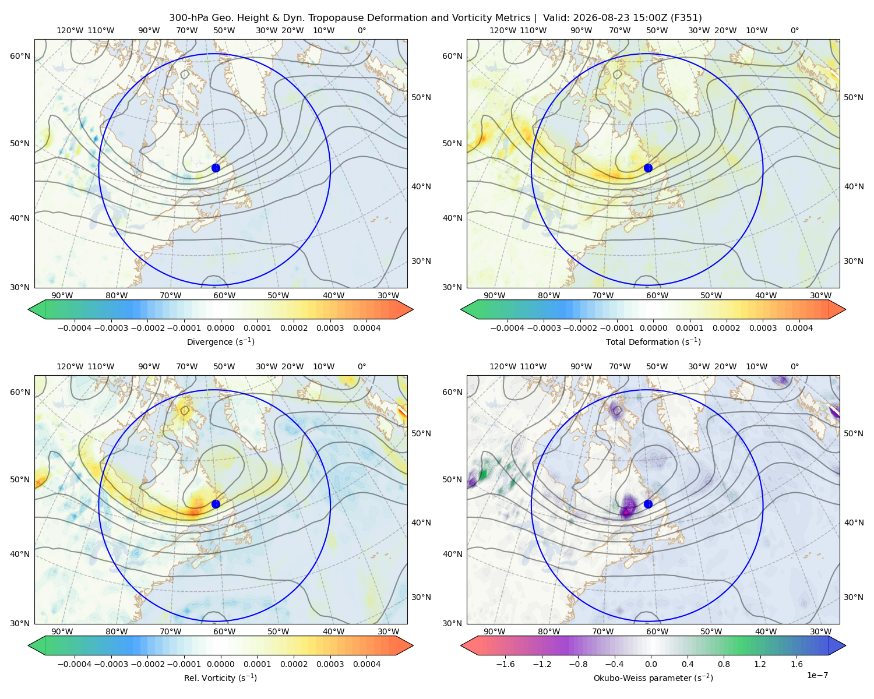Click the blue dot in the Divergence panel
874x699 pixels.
(216, 168)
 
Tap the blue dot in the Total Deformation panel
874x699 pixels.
(648, 168)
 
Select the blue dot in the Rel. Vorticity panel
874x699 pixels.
(216, 504)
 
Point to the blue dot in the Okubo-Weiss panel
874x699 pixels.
(648, 504)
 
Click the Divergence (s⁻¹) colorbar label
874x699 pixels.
(220, 341)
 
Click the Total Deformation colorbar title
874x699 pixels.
(653, 341)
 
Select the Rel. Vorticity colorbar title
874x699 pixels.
(220, 677)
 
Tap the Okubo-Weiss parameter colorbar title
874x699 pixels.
(653, 677)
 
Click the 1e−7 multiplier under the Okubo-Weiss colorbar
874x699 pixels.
(817, 675)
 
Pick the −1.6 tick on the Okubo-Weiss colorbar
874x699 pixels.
(505, 664)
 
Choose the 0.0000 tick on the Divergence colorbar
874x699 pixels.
(220, 328)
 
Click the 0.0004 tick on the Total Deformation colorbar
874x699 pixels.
(799, 328)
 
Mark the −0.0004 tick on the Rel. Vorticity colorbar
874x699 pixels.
(75, 664)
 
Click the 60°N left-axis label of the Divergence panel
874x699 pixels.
(20, 56)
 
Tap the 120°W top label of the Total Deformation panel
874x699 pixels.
(502, 30)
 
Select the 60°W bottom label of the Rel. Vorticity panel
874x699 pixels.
(224, 631)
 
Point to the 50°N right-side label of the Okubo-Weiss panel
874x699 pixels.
(854, 433)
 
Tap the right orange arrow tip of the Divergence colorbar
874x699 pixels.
(413, 309)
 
